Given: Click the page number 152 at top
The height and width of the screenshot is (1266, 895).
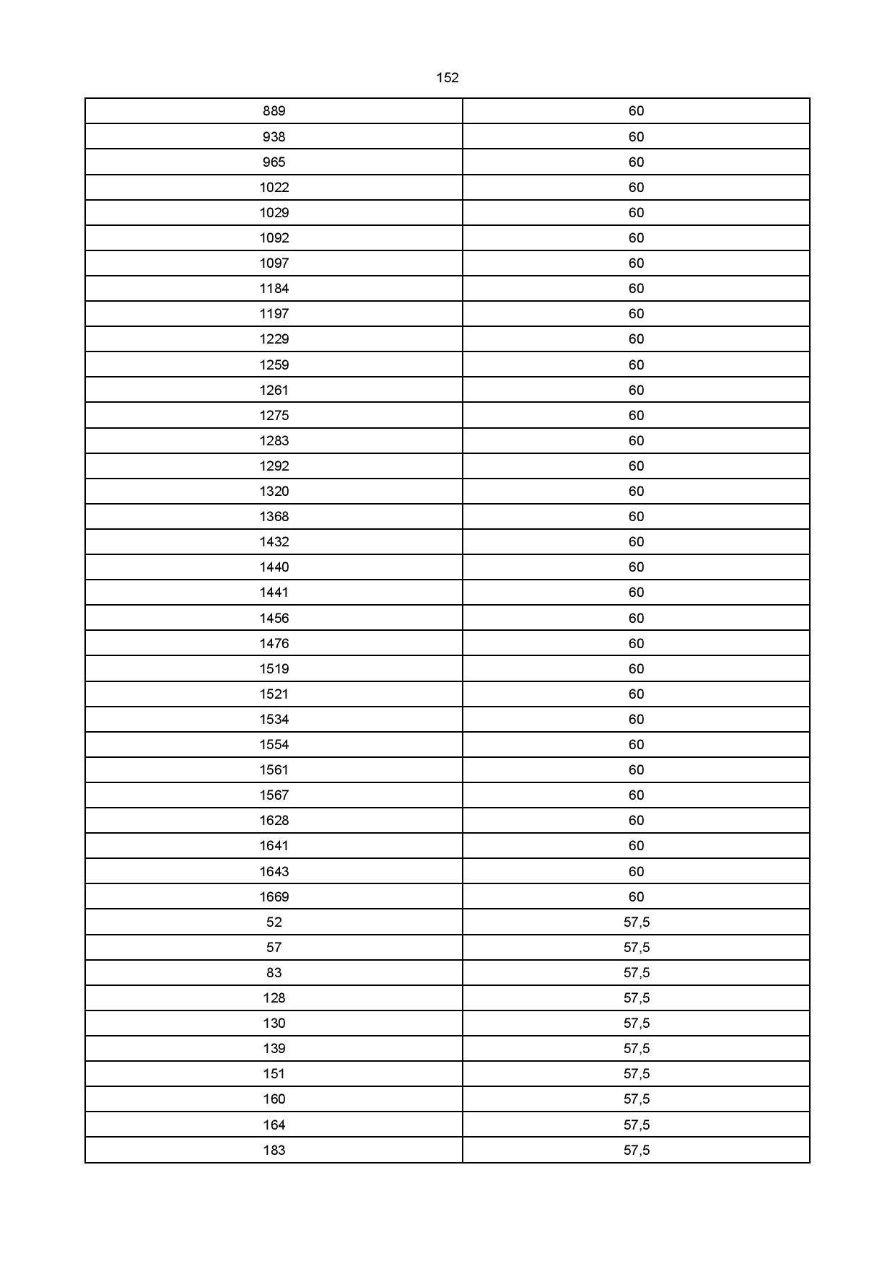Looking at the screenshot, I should [447, 78].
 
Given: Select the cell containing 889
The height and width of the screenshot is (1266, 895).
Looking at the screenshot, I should [274, 111].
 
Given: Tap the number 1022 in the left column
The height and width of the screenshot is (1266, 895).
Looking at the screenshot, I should [274, 188].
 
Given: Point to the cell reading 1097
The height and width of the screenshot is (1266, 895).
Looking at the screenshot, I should [274, 263].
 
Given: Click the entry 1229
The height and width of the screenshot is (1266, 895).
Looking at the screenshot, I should [274, 339].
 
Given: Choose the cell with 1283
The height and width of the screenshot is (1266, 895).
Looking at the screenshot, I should [274, 441].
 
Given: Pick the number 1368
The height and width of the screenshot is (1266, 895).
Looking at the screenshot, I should [274, 517].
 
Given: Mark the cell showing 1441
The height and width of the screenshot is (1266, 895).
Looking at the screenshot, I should [274, 593].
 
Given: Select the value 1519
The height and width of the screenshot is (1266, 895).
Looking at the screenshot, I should [274, 669].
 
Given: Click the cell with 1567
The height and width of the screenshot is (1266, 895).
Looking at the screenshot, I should [274, 795].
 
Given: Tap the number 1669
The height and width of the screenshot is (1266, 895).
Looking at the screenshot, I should [274, 897].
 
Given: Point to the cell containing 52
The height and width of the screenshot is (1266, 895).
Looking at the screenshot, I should [274, 922].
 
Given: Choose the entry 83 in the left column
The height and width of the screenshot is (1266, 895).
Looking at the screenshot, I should [274, 973].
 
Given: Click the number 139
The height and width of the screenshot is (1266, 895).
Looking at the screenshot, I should [274, 1049].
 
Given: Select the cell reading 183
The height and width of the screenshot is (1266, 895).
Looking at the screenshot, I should [274, 1151].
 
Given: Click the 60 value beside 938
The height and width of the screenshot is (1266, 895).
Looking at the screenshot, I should [636, 137].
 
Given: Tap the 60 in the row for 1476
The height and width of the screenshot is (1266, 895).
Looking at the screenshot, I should [636, 644].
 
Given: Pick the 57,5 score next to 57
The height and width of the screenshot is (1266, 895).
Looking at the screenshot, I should [637, 948].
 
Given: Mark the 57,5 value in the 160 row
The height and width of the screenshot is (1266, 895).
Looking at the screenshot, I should [637, 1099].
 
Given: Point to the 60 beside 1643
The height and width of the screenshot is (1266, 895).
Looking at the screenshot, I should [636, 872].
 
